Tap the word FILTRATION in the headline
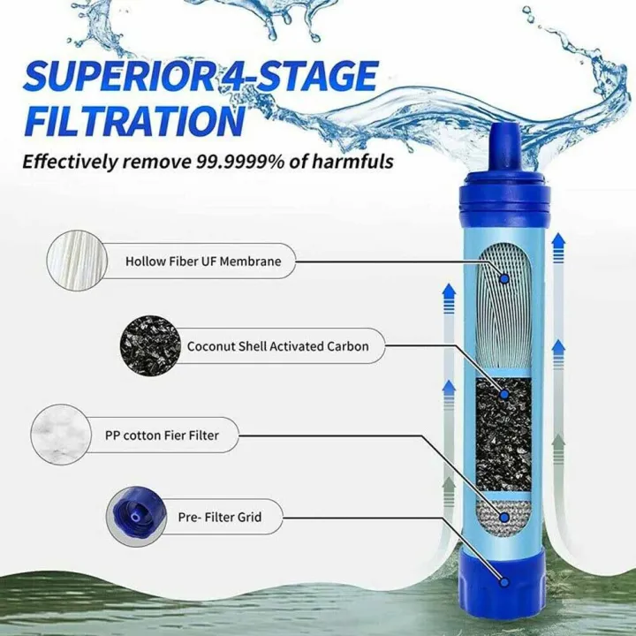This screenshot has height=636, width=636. click(132, 122)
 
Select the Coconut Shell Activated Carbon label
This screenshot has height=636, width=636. click(277, 346)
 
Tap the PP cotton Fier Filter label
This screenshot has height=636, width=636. click(170, 435)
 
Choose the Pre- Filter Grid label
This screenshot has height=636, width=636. click(217, 517)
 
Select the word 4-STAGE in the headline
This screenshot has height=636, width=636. click(300, 77)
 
